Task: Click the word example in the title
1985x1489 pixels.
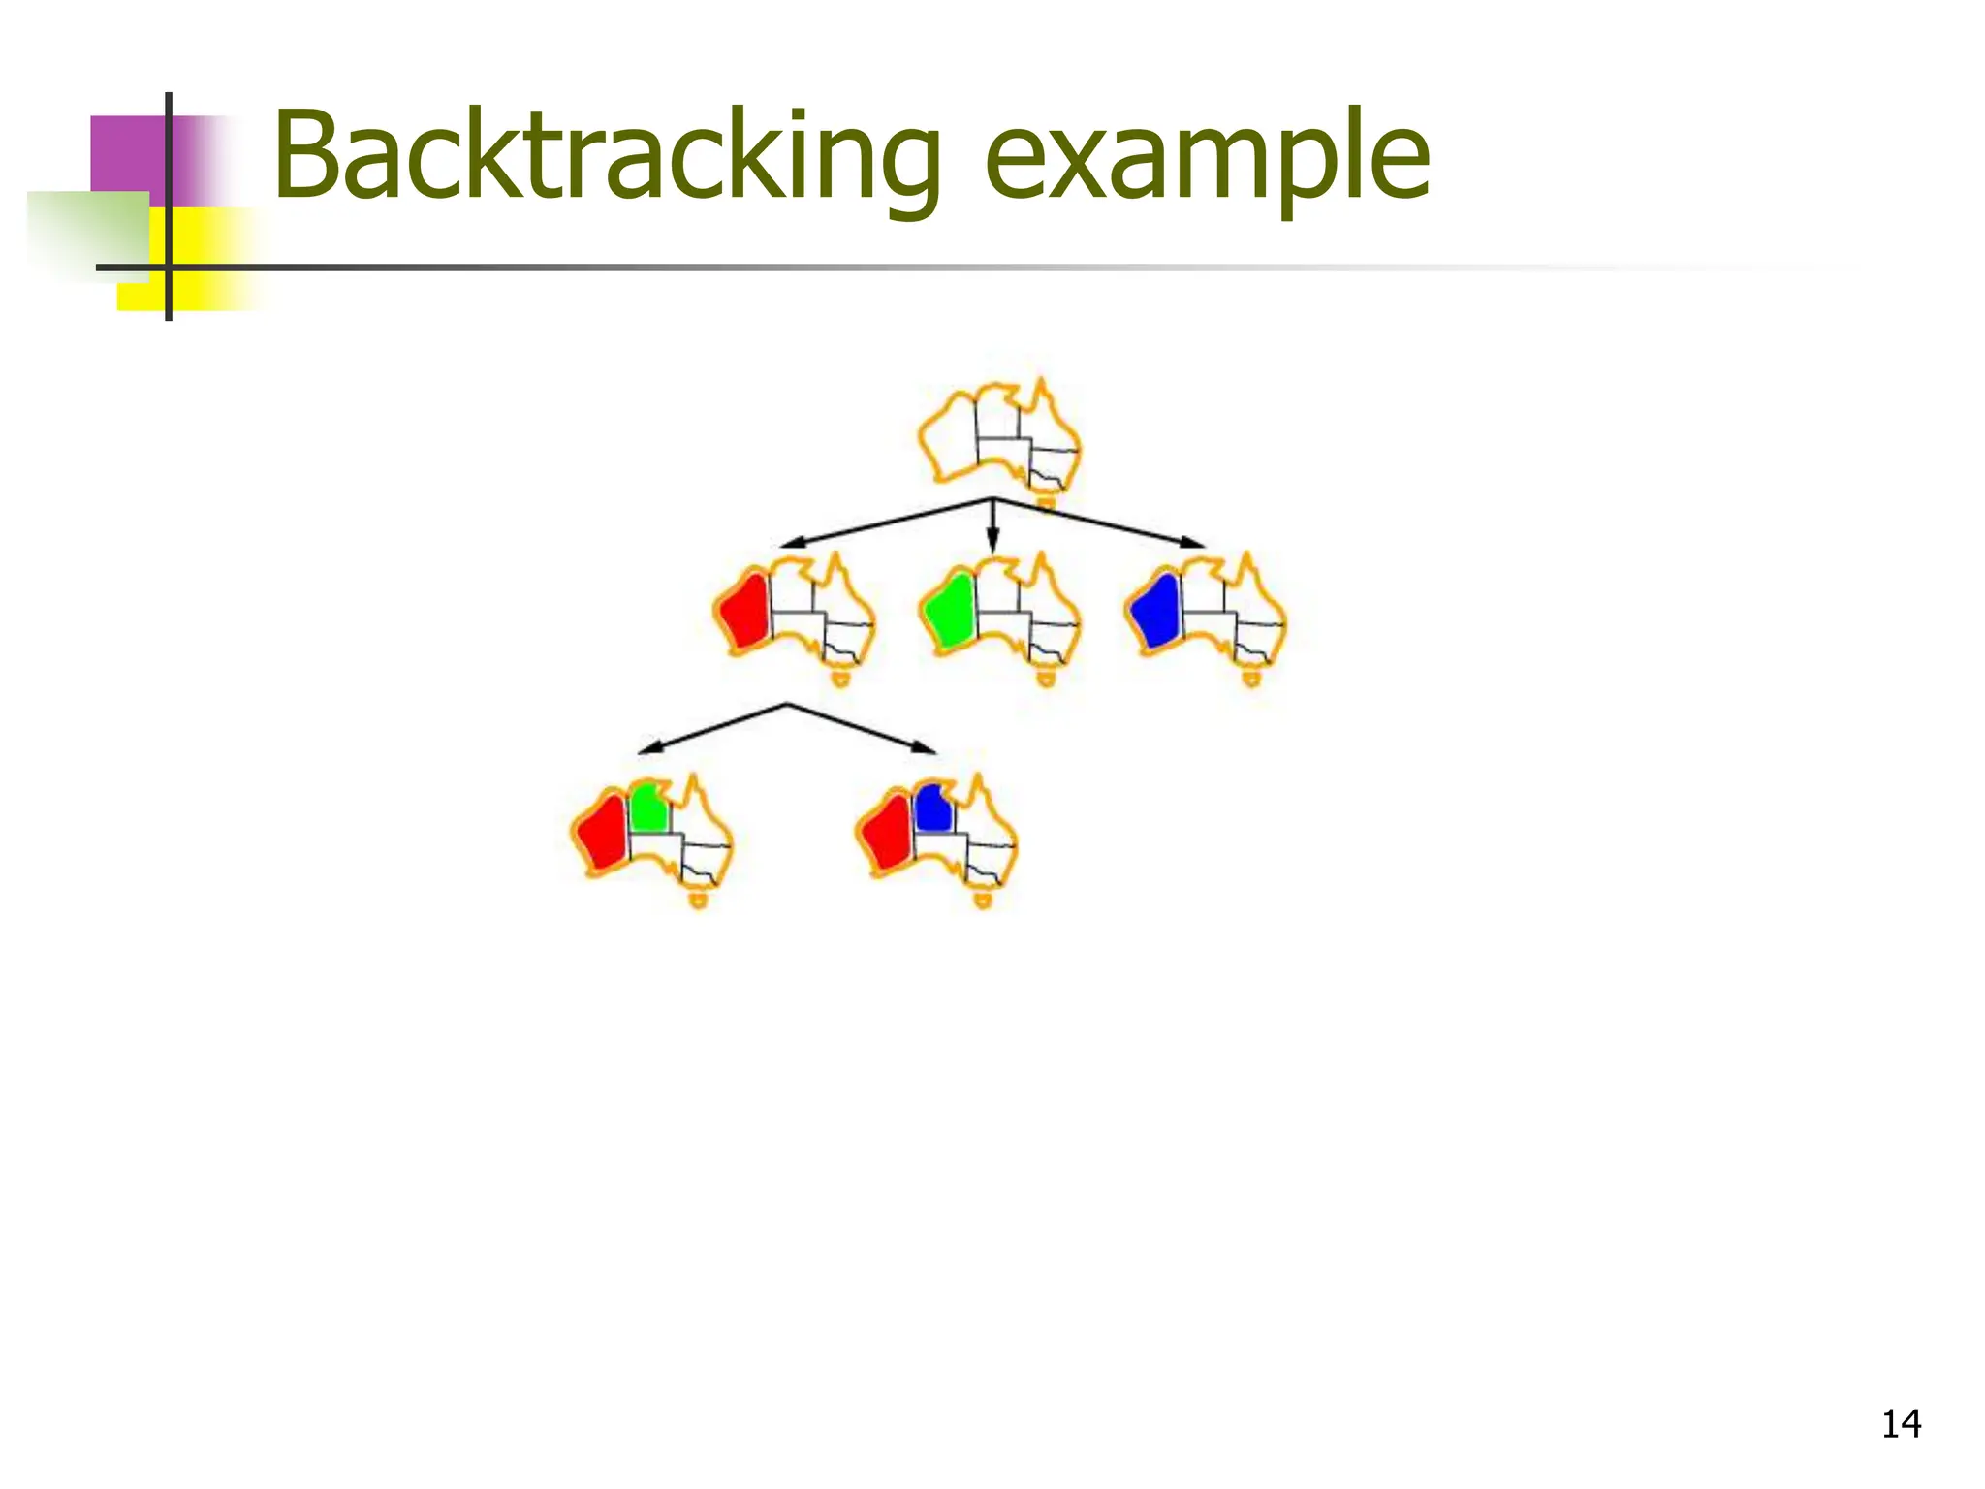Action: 1206,160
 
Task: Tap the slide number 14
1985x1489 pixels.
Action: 1901,1424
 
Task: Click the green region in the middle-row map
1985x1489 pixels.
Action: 949,609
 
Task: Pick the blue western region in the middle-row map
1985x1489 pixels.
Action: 1155,609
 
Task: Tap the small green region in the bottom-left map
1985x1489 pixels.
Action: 648,808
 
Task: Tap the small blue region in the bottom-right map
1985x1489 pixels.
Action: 932,808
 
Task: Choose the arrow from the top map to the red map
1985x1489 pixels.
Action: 886,523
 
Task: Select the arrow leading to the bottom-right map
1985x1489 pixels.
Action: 862,729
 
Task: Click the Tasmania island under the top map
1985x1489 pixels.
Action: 1046,502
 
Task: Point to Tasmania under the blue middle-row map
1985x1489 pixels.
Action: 1252,680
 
